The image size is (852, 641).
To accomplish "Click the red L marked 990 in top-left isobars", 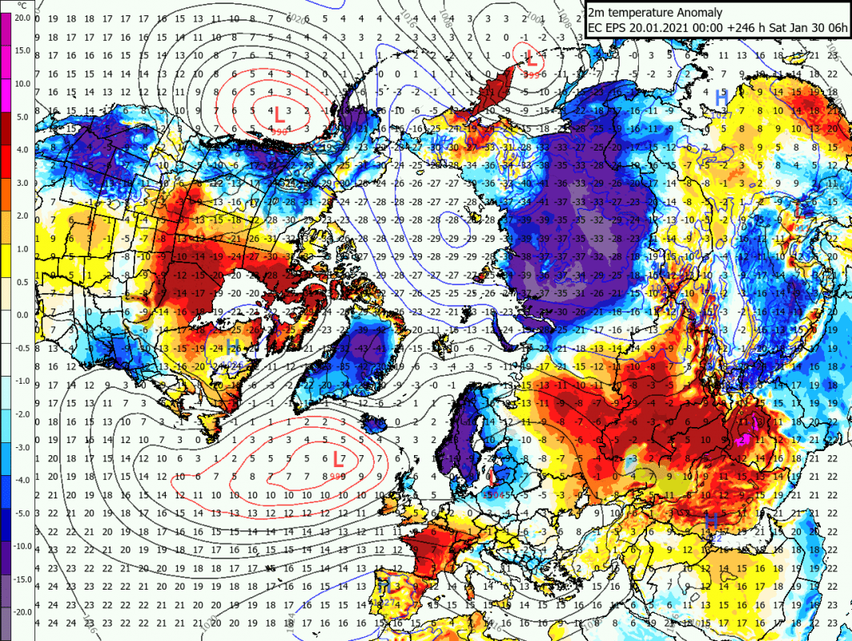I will click(279, 115).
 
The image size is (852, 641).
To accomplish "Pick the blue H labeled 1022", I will click(710, 521).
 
